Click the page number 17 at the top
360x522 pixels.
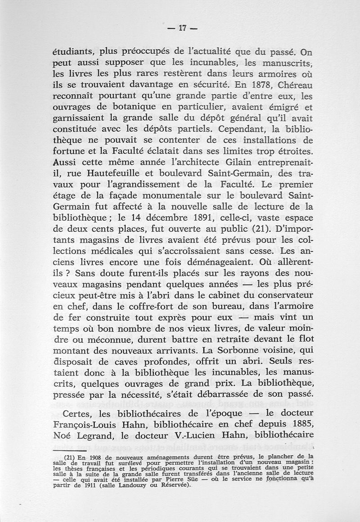click(182, 28)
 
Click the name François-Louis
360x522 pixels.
click(100, 424)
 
